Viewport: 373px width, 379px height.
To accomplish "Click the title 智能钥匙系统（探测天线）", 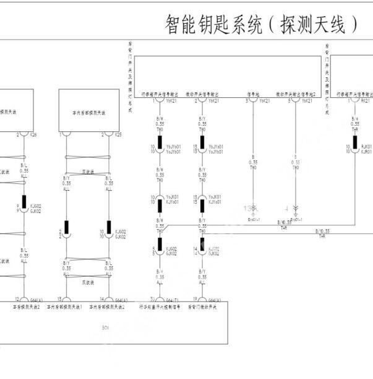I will pyautogui.click(x=262, y=24).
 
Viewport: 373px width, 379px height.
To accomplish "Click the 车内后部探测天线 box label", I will pyautogui.click(x=88, y=113).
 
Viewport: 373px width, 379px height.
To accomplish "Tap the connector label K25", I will pyautogui.click(x=118, y=134).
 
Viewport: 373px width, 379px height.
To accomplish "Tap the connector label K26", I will pyautogui.click(x=33, y=134).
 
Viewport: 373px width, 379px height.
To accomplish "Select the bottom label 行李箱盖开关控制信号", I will pyautogui.click(x=160, y=307).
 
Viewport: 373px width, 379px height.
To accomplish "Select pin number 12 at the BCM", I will pyautogui.click(x=25, y=298).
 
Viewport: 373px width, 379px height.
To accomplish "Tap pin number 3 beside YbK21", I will pyautogui.click(x=247, y=100).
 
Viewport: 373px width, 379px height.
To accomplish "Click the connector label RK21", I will pyautogui.click(x=365, y=100).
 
